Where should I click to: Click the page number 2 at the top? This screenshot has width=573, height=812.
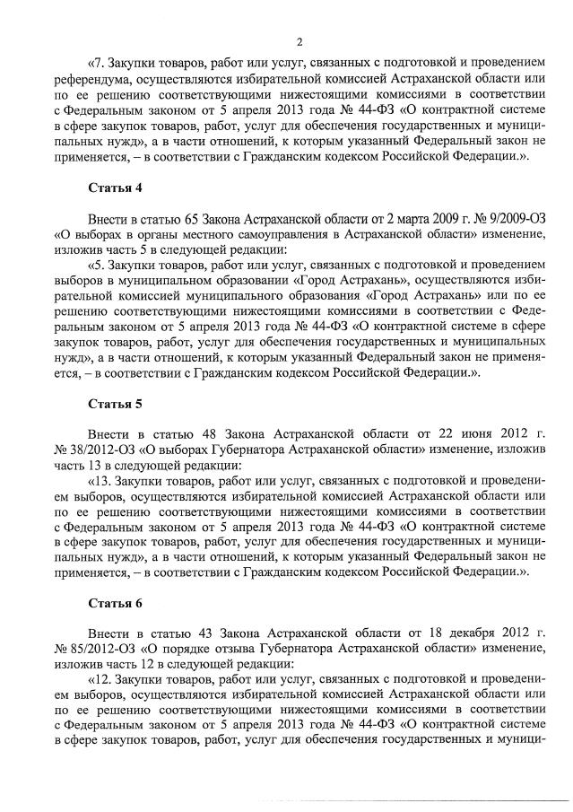[x=300, y=41]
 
